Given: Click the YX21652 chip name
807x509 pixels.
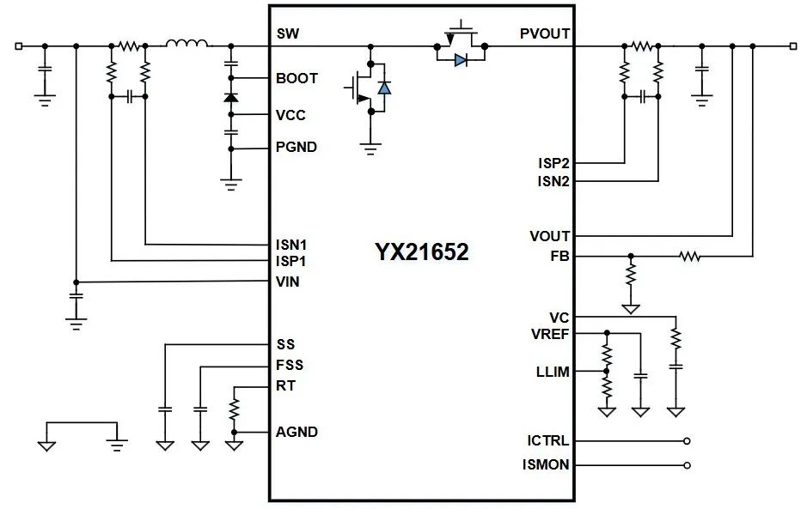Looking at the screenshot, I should pos(421,251).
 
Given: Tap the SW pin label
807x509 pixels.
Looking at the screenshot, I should pos(287,35).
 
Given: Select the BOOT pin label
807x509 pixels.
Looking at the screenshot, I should pos(297,78).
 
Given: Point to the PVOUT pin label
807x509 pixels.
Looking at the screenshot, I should pos(544,35).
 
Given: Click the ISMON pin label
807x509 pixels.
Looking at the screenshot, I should pos(546,465).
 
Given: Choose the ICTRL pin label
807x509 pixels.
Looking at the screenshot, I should pos(547,441).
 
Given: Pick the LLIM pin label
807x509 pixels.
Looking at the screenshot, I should pos(553,372).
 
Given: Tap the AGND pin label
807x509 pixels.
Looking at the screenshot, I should pos(297,432).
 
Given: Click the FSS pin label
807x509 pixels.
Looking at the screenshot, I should pos(290,365).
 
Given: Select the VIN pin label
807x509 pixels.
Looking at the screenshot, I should pos(288,281).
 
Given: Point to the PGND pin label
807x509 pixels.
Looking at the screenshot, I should pos(297,147).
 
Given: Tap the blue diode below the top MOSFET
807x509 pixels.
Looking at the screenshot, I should pos(461,60).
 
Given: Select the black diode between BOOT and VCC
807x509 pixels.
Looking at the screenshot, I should pos(230,97).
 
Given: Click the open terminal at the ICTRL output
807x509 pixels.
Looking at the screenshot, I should pos(686,441).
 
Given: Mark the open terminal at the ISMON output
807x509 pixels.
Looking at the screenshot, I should pos(686,465).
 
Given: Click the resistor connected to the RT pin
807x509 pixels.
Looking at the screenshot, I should pos(234,409).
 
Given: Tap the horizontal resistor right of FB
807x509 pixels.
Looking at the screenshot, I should pos(688,256).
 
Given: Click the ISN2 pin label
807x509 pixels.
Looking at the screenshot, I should pos(553,181).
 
